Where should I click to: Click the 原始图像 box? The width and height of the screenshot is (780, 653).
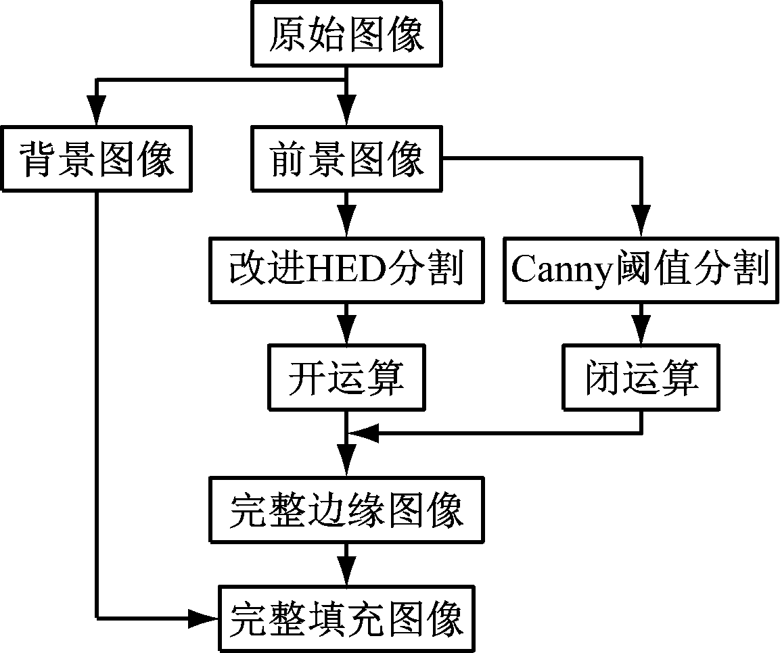tap(346, 34)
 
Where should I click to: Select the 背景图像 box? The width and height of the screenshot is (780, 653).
tap(97, 160)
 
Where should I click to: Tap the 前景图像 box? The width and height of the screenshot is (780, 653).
tap(346, 160)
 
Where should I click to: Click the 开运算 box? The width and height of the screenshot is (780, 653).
tap(346, 377)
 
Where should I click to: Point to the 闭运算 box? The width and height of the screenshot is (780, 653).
tap(640, 377)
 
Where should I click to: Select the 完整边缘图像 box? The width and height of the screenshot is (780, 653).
tap(346, 510)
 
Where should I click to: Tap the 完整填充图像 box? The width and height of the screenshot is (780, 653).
tap(346, 618)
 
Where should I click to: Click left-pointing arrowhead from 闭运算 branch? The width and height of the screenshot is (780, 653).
tap(362, 433)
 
